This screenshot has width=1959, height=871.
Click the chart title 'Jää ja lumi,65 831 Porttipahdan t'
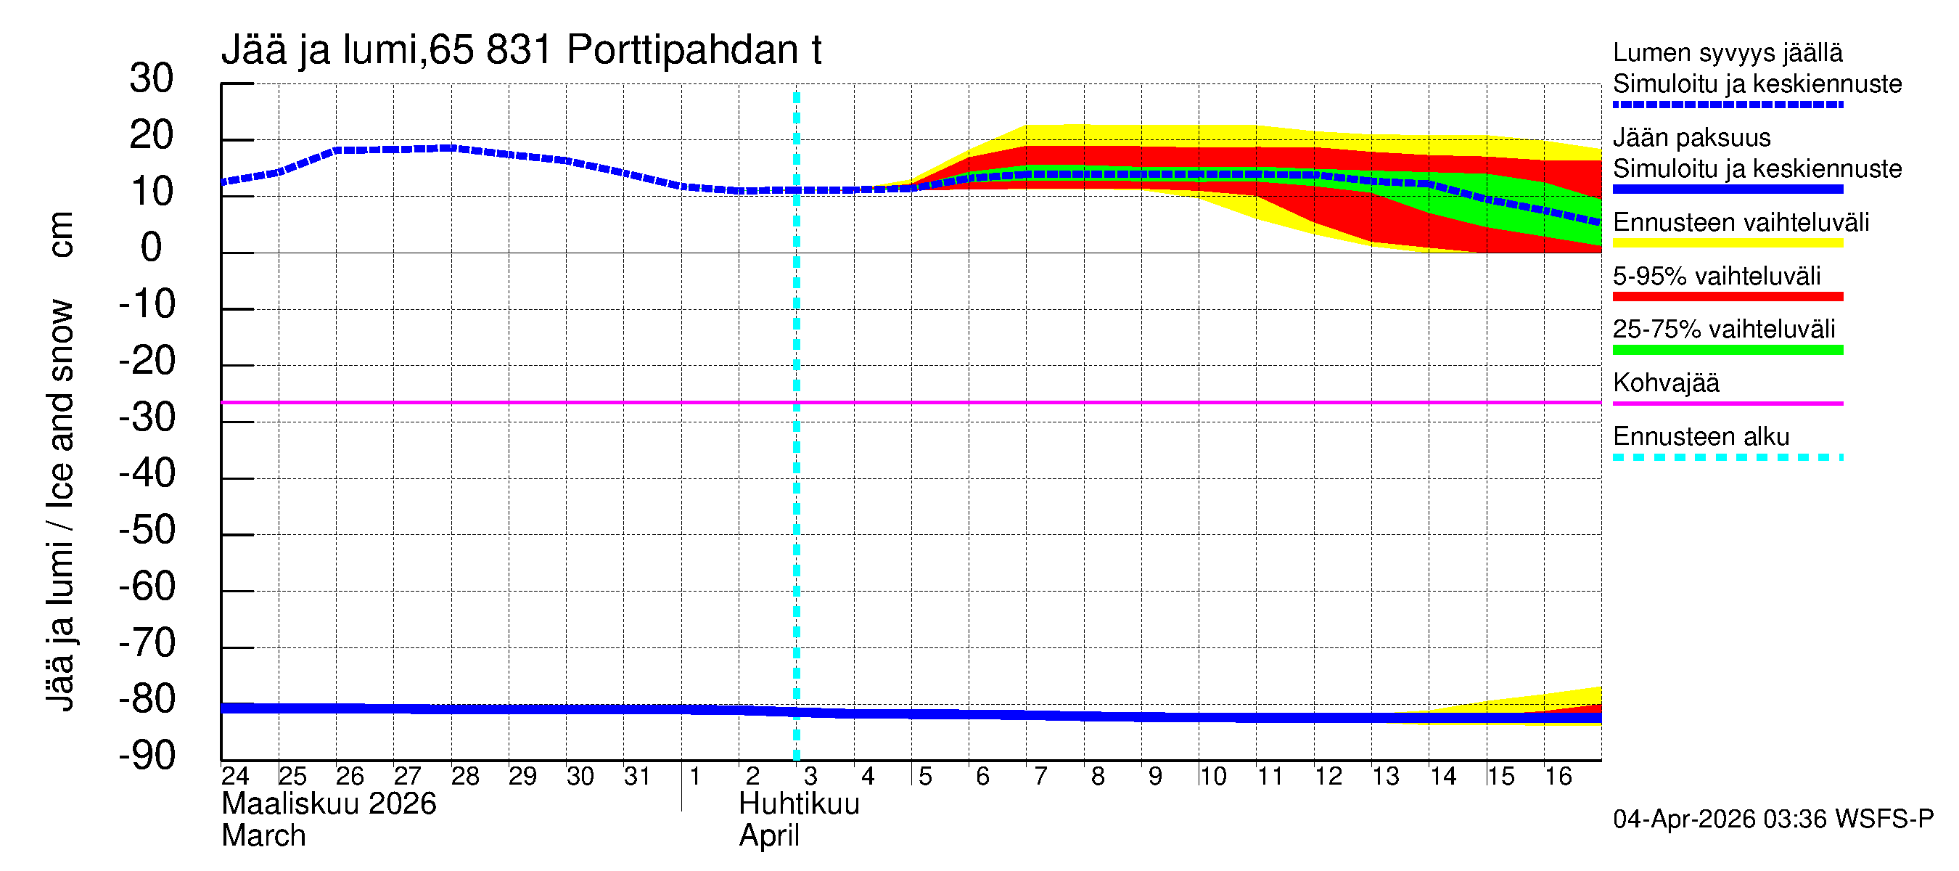click(521, 50)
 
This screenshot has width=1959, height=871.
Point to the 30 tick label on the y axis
click(152, 78)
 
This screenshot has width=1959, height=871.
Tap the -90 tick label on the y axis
click(147, 756)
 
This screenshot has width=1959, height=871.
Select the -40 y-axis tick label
click(147, 474)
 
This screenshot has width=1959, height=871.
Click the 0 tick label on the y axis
click(152, 248)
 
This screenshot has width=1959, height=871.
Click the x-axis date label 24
click(235, 777)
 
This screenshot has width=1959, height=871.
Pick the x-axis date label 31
click(637, 777)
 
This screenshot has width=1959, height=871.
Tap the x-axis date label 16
click(1558, 777)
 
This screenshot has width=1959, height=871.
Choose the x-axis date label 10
click(1213, 777)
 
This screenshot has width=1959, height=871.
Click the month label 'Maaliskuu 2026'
click(329, 804)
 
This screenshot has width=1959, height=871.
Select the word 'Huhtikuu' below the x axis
click(799, 804)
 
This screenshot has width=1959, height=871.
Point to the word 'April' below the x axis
click(769, 836)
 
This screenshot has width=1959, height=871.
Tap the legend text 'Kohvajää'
click(1665, 383)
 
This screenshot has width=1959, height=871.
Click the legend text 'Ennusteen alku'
click(1701, 437)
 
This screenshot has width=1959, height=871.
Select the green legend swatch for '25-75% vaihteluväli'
click(1727, 350)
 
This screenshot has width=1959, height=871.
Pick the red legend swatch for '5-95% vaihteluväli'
click(1727, 297)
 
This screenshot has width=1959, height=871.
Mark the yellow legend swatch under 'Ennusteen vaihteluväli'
click(1727, 243)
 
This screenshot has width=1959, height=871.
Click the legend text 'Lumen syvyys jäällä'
click(1727, 52)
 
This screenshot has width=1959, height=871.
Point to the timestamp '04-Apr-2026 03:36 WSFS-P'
click(1773, 819)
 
